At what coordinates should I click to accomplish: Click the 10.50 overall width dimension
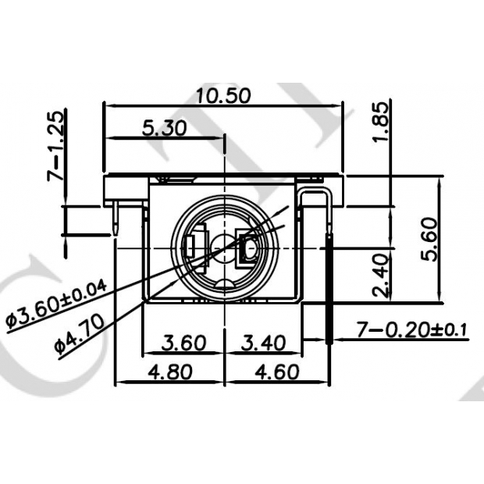tap(222, 95)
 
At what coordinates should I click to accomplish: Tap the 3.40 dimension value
tap(262, 343)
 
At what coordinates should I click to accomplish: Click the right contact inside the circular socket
tap(252, 248)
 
